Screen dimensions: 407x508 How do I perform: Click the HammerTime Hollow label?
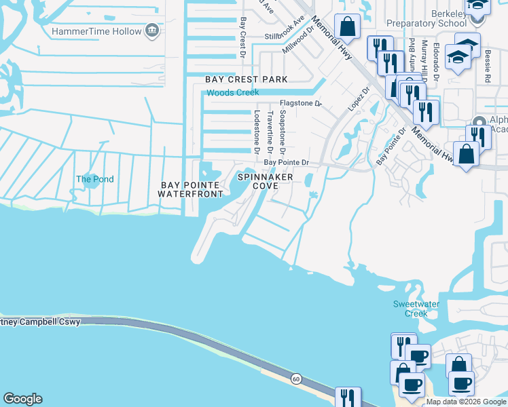click(x=96, y=31)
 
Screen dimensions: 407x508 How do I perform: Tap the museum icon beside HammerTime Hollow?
click(x=153, y=31)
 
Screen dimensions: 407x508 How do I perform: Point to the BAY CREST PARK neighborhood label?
click(x=247, y=80)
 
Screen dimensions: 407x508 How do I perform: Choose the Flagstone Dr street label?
click(x=300, y=104)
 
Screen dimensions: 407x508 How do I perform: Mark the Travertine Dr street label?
click(x=270, y=132)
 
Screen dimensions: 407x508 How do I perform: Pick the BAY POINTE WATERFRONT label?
click(x=190, y=189)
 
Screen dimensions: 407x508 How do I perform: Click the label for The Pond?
click(x=94, y=180)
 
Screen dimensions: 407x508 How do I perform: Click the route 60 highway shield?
click(x=296, y=378)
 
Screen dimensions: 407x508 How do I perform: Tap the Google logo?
click(x=22, y=399)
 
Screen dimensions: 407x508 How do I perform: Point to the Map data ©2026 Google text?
click(x=466, y=402)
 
